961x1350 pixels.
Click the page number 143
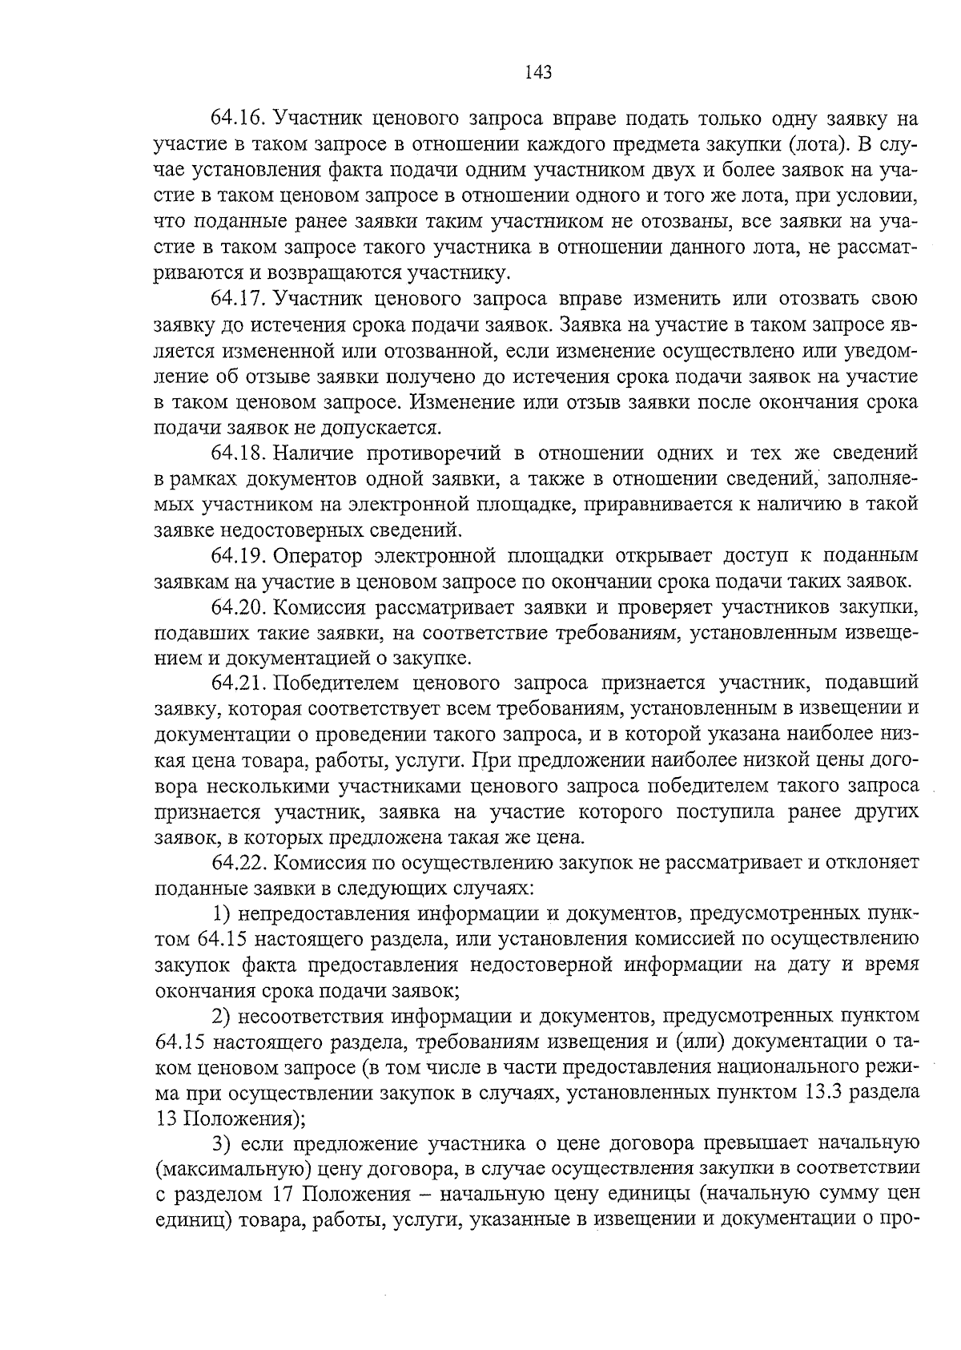pos(538,73)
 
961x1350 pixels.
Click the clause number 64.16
pos(237,119)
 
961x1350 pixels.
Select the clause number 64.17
pos(237,299)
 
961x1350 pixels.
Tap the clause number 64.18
pos(237,453)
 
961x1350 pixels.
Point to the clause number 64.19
pos(237,556)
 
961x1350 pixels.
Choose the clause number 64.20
pos(237,607)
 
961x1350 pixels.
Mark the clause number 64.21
pos(237,684)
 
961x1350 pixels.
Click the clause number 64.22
pos(237,863)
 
